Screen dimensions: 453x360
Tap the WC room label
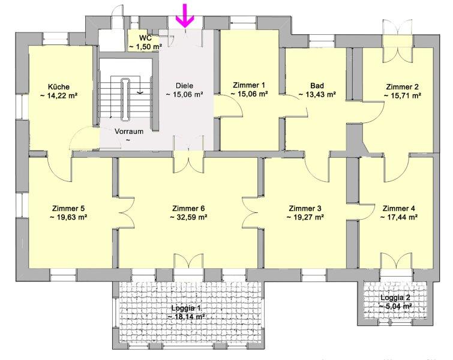tap(145, 38)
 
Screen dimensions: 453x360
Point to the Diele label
tap(184, 86)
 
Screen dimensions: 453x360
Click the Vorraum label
tap(129, 131)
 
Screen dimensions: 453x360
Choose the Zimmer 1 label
tap(249, 85)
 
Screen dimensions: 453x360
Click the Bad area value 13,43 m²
tap(317, 94)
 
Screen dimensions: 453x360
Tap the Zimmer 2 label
tap(402, 86)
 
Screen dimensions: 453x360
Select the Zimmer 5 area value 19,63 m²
tap(69, 217)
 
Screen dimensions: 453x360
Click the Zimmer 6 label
tap(188, 208)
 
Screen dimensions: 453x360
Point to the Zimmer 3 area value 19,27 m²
tap(305, 217)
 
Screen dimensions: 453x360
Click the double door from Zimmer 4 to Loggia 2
tap(396, 262)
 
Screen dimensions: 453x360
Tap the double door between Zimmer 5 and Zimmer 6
tap(126, 213)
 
